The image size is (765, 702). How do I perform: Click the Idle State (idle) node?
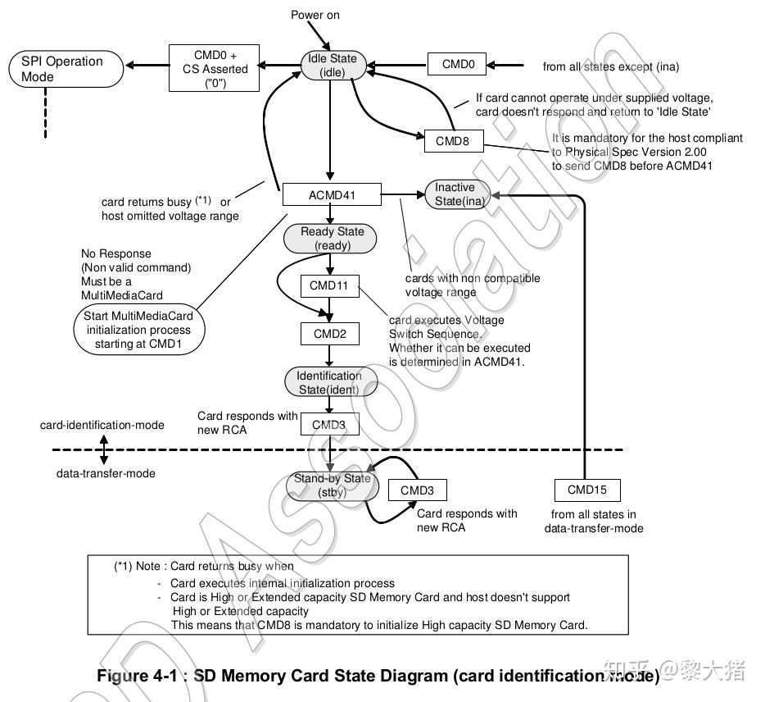point(333,65)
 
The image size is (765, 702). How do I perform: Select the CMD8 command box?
point(454,141)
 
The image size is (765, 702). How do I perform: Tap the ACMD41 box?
point(332,195)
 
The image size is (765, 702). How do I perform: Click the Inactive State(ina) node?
point(457,194)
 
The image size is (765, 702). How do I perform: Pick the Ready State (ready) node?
point(330,239)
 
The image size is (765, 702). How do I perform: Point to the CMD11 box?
point(330,285)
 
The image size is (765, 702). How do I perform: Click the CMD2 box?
point(330,334)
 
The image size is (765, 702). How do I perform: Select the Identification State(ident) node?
point(331,382)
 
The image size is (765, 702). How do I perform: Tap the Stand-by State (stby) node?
point(333,485)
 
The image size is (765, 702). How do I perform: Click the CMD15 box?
point(587,490)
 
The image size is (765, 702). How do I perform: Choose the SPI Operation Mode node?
point(66,69)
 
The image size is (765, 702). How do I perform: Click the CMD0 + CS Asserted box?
point(214,68)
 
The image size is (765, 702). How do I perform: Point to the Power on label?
point(315,15)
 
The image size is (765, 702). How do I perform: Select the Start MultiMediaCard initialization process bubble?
point(139,330)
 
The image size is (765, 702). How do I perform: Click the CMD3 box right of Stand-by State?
point(418,490)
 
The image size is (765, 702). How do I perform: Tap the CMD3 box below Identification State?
point(330,424)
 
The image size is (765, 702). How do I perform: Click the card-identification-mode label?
point(102,425)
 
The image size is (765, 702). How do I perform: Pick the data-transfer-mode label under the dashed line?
point(106,473)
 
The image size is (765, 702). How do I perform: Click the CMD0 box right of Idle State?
point(457,64)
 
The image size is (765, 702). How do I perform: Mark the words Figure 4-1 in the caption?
point(137,676)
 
